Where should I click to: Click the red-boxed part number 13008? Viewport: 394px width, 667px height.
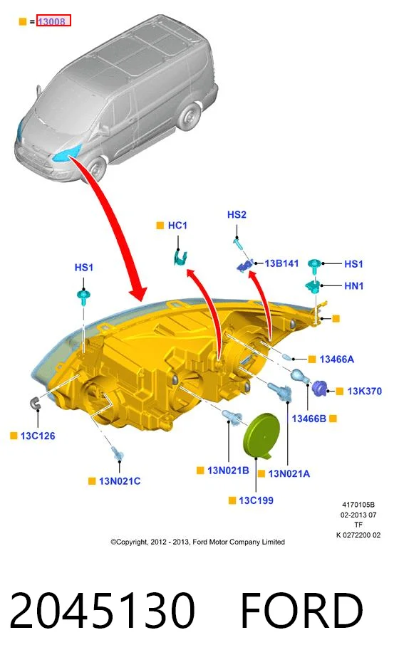point(53,21)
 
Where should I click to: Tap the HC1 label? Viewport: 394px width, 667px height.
point(177,225)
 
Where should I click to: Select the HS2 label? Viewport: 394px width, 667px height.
point(237,215)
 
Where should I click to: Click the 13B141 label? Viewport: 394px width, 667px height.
point(281,263)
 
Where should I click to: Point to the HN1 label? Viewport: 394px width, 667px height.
point(354,286)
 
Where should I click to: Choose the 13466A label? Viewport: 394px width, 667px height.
point(336,359)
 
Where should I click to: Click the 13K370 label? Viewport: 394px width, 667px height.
point(364,391)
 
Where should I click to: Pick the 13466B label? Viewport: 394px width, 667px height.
point(309,419)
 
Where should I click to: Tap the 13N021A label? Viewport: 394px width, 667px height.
point(289,473)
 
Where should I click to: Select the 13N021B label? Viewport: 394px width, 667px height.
point(228,471)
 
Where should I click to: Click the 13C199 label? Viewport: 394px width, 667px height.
point(256,500)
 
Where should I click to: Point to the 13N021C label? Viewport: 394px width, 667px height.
point(120,481)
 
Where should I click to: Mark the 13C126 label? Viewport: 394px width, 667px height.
point(38,436)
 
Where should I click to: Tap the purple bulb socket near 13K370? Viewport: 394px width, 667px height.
point(318,389)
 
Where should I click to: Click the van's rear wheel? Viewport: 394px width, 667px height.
point(189,116)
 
